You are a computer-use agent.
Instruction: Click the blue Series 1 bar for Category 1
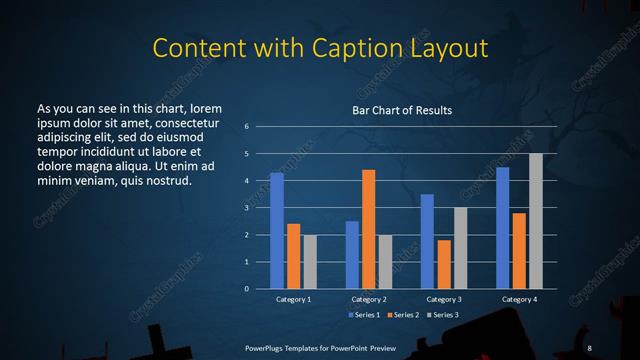pyautogui.click(x=277, y=230)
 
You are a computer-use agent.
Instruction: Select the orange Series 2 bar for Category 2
pyautogui.click(x=369, y=229)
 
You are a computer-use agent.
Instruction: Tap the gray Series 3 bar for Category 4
pyautogui.click(x=536, y=221)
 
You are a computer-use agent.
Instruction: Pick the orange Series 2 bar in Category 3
pyautogui.click(x=444, y=264)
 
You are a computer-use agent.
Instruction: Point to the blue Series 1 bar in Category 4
pyautogui.click(x=503, y=228)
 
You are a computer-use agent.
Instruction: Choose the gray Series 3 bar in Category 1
pyautogui.click(x=310, y=261)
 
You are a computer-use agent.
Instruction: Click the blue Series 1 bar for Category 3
pyautogui.click(x=427, y=241)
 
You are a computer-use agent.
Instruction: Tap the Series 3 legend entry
pyautogui.click(x=441, y=315)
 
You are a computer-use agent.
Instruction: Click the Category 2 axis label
pyautogui.click(x=369, y=299)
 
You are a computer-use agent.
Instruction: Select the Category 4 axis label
pyautogui.click(x=519, y=299)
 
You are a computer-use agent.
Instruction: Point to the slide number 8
pyautogui.click(x=590, y=347)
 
